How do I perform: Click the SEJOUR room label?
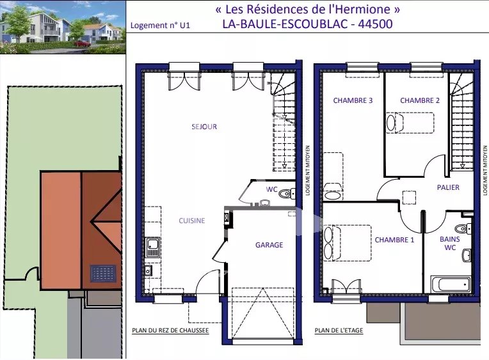204,127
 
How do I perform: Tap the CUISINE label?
192,221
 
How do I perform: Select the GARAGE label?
269,245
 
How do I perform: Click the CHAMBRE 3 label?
353,100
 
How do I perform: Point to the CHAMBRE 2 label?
420,100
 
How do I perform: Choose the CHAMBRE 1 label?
394,240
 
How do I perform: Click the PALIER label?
448,187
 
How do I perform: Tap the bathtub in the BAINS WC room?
451,284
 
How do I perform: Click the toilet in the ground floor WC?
287,194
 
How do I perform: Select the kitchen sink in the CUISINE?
153,247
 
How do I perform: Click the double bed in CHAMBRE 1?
348,243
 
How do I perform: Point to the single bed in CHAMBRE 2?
410,123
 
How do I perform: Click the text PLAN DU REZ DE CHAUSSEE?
170,331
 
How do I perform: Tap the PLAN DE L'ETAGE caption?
339,331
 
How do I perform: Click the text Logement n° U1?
160,25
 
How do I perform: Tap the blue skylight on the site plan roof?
103,273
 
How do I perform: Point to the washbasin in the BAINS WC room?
467,256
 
